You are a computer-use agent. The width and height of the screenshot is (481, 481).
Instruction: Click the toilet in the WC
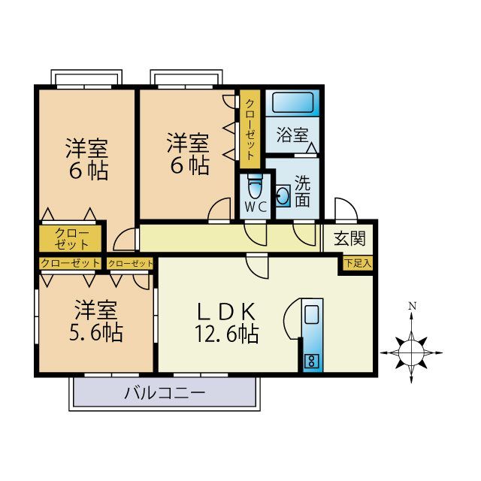[x=256, y=187]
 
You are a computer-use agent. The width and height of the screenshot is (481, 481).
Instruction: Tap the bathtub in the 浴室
[x=292, y=103]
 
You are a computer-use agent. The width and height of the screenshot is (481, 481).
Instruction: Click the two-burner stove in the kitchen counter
[x=312, y=361]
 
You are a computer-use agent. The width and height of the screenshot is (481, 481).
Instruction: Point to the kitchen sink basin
[x=312, y=314]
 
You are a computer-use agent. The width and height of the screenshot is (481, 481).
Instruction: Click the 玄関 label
[x=349, y=238]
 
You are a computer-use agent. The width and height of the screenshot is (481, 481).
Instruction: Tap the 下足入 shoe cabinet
[x=358, y=263]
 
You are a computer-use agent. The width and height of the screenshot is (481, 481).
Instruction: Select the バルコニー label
[x=165, y=393]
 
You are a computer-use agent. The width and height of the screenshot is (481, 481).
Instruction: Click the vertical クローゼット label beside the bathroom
[x=250, y=129]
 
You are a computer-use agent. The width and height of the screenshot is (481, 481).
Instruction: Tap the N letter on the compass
[x=413, y=306]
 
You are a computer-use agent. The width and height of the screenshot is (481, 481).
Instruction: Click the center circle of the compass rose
[x=411, y=352]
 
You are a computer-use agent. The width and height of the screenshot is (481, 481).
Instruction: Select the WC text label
[x=256, y=207]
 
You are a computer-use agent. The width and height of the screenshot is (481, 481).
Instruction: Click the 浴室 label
[x=292, y=135]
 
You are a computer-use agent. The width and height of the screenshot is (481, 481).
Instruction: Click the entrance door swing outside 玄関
[x=346, y=210]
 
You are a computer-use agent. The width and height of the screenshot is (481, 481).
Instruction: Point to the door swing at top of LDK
[x=257, y=266]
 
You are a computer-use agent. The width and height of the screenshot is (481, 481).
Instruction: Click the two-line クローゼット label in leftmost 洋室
[x=72, y=239]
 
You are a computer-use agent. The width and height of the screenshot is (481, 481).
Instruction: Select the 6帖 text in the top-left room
[x=89, y=171]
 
